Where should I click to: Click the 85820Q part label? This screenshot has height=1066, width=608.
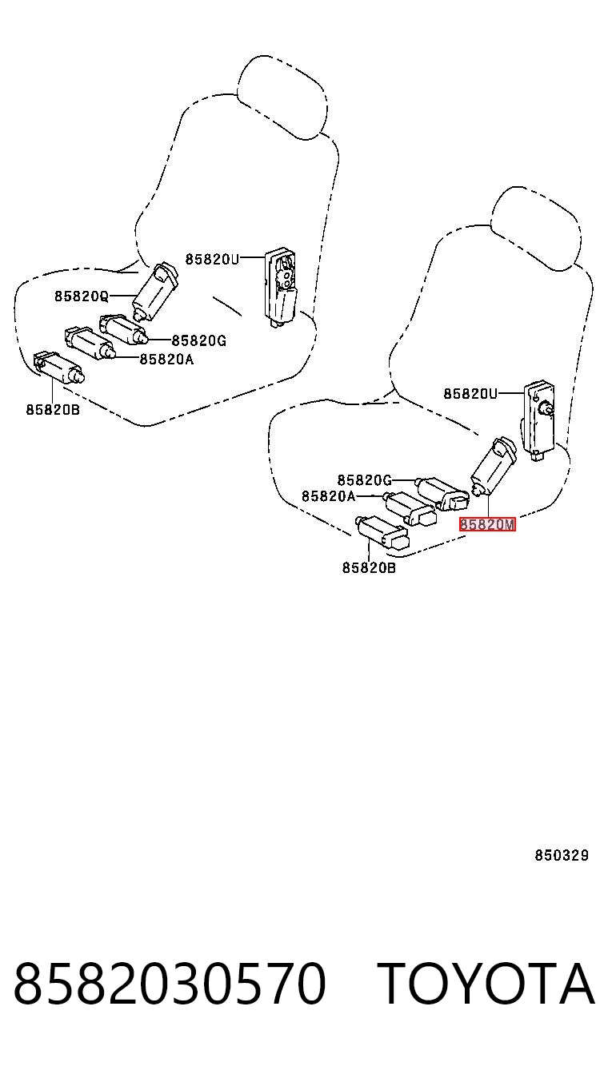82,296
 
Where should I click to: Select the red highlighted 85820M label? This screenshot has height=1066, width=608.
487,524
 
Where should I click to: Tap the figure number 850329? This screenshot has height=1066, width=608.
562,855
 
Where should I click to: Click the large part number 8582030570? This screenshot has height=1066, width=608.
170,983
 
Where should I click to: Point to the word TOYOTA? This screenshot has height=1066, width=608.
486,983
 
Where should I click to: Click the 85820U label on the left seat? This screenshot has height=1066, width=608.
212,260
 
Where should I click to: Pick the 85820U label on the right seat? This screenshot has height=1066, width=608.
470,394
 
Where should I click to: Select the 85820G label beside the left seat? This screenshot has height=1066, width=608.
199,340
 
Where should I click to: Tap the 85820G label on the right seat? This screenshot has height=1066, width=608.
365,479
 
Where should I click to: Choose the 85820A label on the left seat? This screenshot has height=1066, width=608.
166,360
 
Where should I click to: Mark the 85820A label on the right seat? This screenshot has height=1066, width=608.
329,496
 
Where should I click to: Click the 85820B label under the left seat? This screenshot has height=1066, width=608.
53,410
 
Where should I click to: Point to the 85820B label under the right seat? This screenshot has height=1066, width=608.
369,567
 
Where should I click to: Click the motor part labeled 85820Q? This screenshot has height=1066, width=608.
154,291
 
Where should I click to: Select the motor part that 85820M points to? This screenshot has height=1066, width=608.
493,467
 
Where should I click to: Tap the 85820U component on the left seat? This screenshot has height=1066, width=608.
281,288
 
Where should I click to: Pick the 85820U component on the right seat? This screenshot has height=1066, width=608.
539,420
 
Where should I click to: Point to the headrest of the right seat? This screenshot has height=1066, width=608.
536,229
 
